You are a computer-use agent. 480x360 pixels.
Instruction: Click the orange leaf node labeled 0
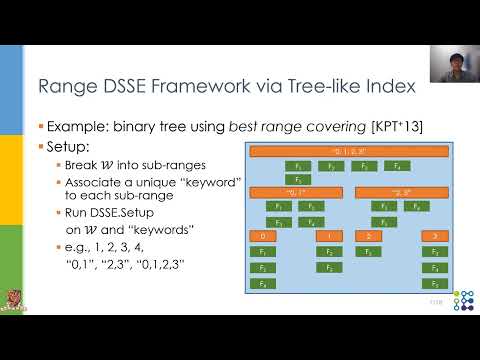[x=261, y=236]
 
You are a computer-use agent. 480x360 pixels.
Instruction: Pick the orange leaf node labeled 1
[x=328, y=236]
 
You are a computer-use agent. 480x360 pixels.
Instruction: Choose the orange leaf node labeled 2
[x=369, y=236]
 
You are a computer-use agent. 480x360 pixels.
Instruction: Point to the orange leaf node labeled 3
[x=435, y=236]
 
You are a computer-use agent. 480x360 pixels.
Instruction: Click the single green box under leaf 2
[x=369, y=252]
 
